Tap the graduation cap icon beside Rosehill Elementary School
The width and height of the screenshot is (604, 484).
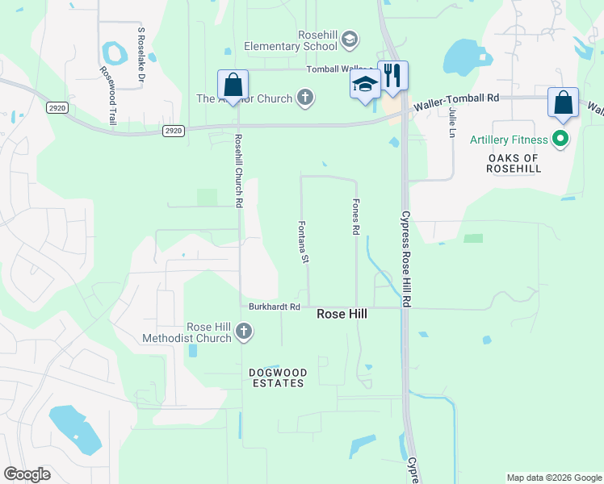[350, 39]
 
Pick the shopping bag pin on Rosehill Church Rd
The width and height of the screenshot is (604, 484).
[233, 86]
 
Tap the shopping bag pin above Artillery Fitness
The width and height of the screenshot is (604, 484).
[563, 103]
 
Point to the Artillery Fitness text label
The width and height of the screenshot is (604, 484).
[509, 140]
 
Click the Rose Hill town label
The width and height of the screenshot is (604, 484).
[342, 314]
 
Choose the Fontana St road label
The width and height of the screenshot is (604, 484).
[304, 242]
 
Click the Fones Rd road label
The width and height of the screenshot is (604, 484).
[355, 218]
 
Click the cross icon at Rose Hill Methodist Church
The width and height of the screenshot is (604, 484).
[244, 332]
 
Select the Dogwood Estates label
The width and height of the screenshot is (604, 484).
[278, 378]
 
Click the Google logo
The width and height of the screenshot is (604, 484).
[27, 474]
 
